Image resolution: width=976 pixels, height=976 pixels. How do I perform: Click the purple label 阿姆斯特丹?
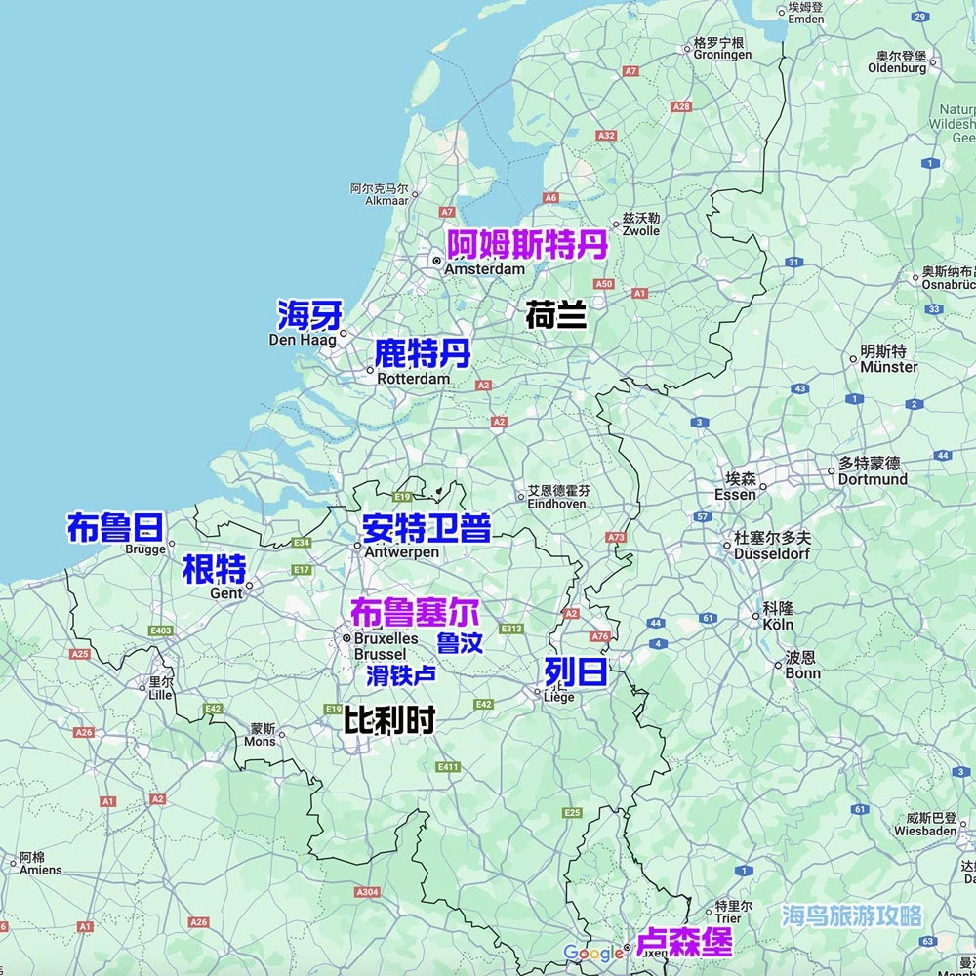click(x=527, y=244)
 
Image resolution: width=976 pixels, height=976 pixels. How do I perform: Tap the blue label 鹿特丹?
click(x=423, y=353)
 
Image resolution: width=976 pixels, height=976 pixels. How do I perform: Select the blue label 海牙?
click(x=309, y=315)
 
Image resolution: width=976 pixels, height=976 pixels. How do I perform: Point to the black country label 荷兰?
click(x=555, y=315)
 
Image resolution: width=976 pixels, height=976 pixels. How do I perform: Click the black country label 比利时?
click(x=388, y=720)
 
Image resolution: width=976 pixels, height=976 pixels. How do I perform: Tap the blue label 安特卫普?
click(x=426, y=528)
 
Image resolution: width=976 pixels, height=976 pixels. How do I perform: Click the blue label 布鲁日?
click(x=114, y=527)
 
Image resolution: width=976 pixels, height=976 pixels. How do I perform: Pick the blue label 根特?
click(x=214, y=568)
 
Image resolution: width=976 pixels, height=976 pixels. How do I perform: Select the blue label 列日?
click(x=576, y=671)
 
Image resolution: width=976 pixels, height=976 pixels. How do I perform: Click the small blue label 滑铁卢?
click(x=400, y=674)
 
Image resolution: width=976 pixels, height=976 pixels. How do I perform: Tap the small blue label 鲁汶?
click(x=460, y=643)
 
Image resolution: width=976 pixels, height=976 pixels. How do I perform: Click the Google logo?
click(x=592, y=953)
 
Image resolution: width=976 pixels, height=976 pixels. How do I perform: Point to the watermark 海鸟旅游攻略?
click(x=851, y=915)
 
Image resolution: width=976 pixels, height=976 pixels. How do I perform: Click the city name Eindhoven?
click(x=556, y=504)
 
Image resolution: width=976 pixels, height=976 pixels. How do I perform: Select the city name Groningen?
click(x=722, y=56)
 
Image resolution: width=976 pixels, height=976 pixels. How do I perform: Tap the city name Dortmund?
click(x=873, y=479)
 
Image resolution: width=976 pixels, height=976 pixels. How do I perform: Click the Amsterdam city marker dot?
click(x=437, y=262)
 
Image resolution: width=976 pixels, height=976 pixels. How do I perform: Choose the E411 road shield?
click(x=448, y=767)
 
